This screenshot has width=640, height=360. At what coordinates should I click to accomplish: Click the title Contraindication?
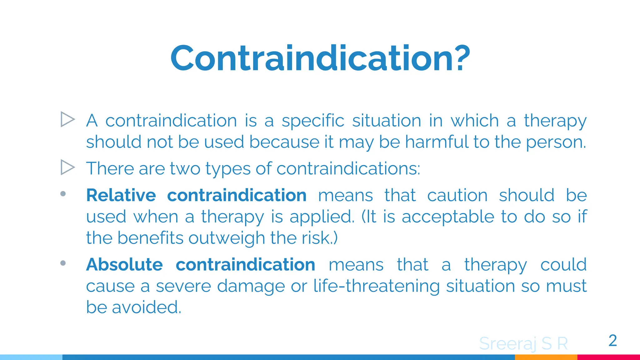(x=320, y=58)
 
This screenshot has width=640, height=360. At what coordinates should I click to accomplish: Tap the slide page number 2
(x=612, y=340)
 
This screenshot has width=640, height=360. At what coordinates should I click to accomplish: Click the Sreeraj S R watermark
(x=523, y=343)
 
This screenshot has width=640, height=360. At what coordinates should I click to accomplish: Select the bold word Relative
(x=121, y=195)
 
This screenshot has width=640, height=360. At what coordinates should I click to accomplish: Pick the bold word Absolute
(x=124, y=265)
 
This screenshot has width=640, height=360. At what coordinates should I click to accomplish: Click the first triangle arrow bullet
(x=67, y=119)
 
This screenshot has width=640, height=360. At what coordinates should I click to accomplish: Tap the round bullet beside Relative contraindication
(x=63, y=194)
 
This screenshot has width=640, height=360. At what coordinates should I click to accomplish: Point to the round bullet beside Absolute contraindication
(x=63, y=263)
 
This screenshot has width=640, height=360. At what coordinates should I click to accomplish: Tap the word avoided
(x=146, y=307)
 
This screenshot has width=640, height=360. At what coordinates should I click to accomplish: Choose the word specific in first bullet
(x=313, y=121)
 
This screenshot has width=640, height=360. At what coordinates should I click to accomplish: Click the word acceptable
(x=448, y=217)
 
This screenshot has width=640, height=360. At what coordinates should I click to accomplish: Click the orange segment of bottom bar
(x=546, y=357)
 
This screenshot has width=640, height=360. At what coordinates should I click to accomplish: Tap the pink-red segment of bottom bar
(x=608, y=357)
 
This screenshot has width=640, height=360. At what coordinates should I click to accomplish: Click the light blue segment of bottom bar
(x=31, y=357)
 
